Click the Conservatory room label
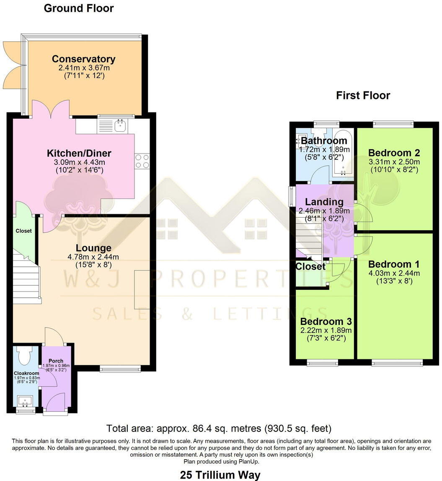(x=84, y=59)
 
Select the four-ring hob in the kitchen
(x=142, y=161)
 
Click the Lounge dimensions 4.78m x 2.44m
(x=93, y=257)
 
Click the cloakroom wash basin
(x=25, y=400)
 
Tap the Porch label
(x=56, y=361)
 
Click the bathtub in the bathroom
(x=343, y=153)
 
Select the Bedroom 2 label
(x=394, y=153)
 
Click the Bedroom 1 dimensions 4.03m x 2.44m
(x=394, y=273)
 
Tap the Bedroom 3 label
(x=326, y=322)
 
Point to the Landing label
(x=324, y=202)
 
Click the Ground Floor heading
(x=79, y=8)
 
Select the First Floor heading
(x=363, y=95)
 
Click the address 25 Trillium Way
(x=220, y=475)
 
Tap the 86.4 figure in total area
(x=202, y=428)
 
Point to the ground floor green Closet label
(x=23, y=231)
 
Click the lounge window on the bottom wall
(x=120, y=368)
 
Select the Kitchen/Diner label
(x=79, y=153)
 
